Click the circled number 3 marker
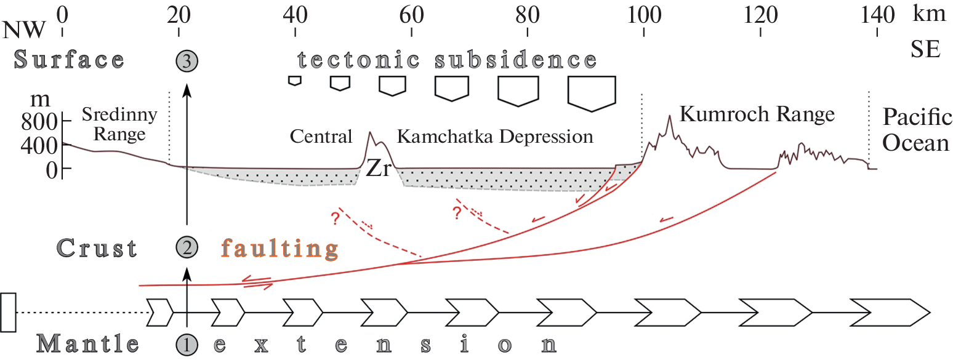[x=188, y=60]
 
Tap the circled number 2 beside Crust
[x=188, y=248]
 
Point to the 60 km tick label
[x=411, y=14]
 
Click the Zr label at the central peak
[x=378, y=169]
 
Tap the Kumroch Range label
[x=757, y=114]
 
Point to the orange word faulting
[x=280, y=249]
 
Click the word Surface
[x=69, y=60]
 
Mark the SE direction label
[x=925, y=50]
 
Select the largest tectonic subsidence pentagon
[x=592, y=93]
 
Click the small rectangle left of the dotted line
[x=8, y=313]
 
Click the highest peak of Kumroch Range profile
[x=669, y=116]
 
